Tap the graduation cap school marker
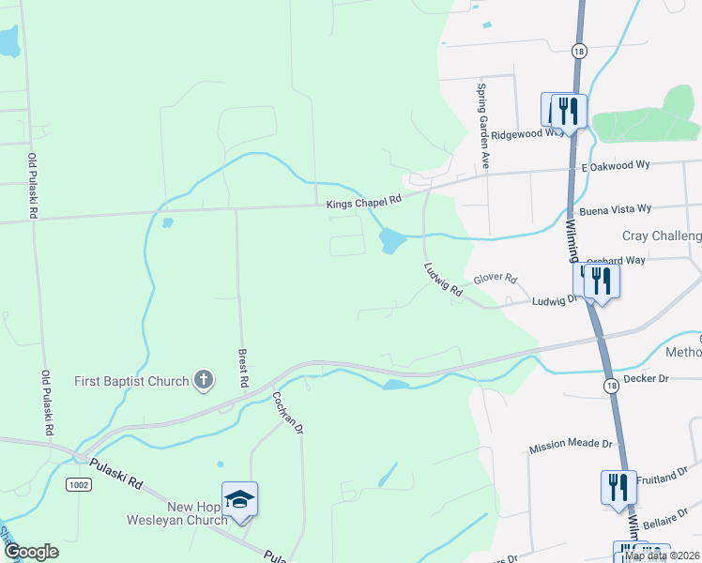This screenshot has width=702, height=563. tap(239, 498)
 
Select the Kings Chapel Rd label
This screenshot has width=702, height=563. tap(364, 200)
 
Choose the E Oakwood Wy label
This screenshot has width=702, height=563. tap(616, 165)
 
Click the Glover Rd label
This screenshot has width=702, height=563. tap(496, 279)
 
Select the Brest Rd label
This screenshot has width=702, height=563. tap(242, 369)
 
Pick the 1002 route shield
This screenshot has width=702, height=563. tap(78, 483)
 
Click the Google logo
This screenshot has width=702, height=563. tap(30, 553)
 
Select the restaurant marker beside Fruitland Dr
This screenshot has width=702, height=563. tap(618, 486)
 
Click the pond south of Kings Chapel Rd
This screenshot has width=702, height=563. tap(391, 241)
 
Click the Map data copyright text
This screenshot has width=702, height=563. tap(661, 555)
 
